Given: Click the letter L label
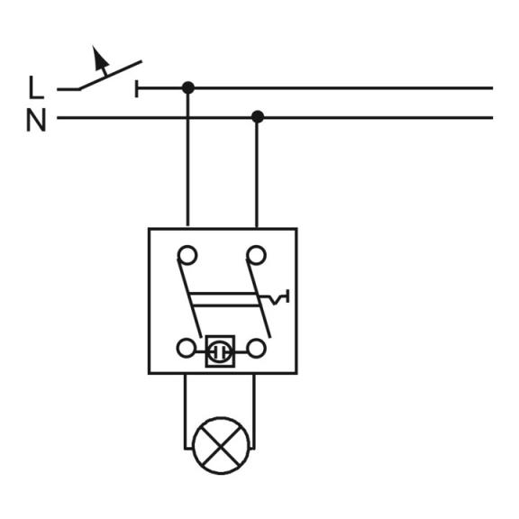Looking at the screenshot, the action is pos(36,87).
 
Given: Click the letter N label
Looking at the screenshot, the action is pos(36,121).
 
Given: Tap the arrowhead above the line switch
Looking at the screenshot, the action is pos(100,58).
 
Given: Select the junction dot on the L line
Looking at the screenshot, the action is pos(188,88).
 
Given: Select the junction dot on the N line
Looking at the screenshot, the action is pos(258,117).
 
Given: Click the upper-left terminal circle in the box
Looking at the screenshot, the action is pos(187,255).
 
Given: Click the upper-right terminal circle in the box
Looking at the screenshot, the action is pos(256,255).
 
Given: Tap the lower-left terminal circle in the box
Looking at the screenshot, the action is pos(186,348).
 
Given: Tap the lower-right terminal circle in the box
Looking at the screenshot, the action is pos(257,349).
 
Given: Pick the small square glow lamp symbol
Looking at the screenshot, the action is pos(220,351).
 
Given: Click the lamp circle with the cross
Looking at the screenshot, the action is pos(221,445).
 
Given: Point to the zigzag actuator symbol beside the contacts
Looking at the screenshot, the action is pos(275,298).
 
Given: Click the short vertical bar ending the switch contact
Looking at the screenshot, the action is pos(136,88).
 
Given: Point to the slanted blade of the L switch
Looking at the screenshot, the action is pos(110,75).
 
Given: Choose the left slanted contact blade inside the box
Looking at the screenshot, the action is pos(189,298).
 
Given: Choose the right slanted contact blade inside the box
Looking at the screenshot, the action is pos(259,298).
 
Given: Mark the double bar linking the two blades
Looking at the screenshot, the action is pos(225,299).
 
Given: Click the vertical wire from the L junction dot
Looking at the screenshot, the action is pos(187,157).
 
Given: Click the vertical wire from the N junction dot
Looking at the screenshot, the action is pos(257,172).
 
